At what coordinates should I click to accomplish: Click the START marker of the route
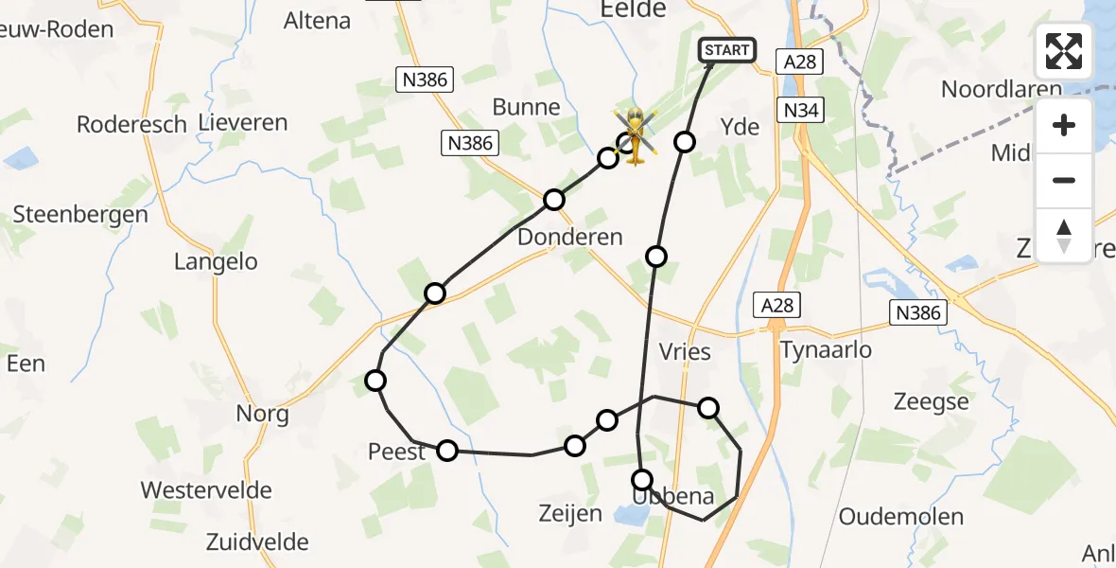coord(726,50)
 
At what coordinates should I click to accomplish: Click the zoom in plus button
coord(1064,125)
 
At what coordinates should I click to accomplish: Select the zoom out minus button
coord(1064,180)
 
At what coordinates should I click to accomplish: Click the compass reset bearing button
coord(1064,235)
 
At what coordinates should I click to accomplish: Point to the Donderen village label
coord(570,237)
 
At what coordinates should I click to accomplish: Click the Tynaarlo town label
coord(826,350)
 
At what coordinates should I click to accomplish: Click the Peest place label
coord(397,453)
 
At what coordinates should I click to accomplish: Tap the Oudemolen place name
coord(901,517)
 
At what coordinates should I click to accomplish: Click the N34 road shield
coord(802,111)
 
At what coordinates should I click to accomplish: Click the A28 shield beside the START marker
coord(799,62)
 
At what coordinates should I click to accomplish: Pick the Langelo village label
coord(216,261)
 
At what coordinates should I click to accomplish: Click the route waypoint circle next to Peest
coord(447,451)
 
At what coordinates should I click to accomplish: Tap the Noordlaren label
coord(1002,89)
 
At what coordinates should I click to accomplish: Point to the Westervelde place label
coord(206,490)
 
